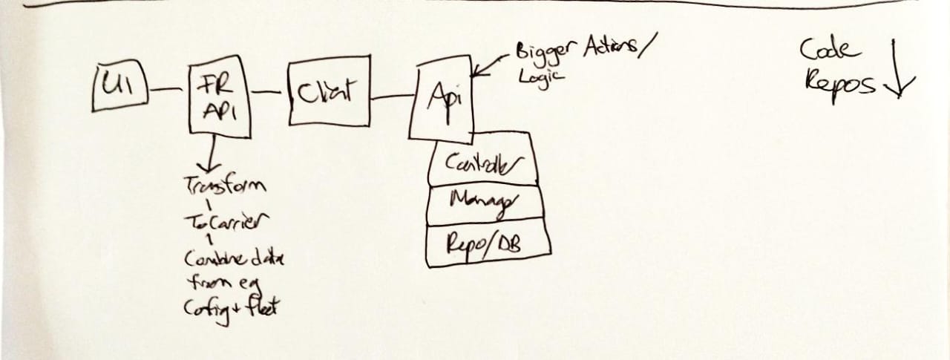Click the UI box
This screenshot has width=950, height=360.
[x=119, y=88]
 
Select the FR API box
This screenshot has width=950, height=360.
[x=218, y=100]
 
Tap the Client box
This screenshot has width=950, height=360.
[x=327, y=90]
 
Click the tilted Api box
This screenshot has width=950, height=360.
[x=443, y=101]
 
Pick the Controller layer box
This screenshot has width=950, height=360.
[x=482, y=161]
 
